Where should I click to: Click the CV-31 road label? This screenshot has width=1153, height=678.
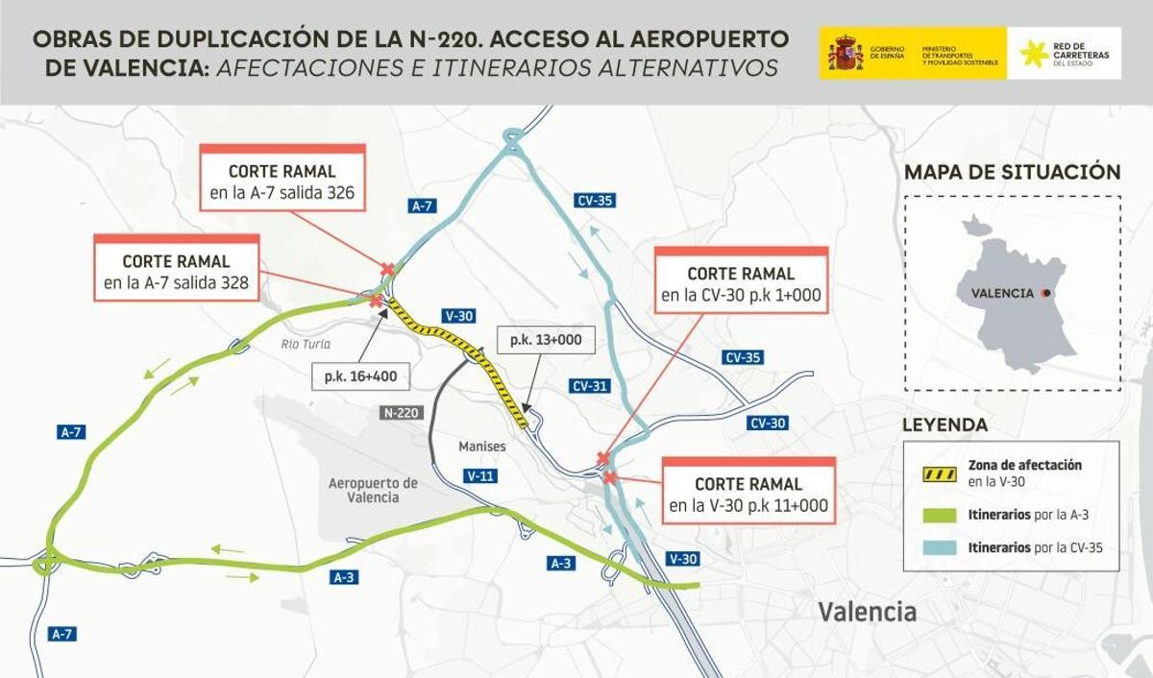590,386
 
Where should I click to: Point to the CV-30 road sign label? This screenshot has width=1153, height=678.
768,423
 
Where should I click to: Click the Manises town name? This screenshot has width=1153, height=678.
481,447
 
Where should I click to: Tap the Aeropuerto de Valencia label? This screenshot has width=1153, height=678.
373,490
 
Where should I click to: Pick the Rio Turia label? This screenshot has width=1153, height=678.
306,344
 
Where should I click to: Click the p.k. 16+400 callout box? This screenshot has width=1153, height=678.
360,377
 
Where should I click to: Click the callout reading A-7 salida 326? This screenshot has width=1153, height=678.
282,182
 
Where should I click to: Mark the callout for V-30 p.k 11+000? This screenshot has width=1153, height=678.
748,495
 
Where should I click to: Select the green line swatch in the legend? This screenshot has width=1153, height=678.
939,516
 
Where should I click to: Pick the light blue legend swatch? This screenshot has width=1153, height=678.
939,548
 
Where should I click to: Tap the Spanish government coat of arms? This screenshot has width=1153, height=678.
846,53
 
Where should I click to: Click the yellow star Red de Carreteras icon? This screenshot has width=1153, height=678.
1034,54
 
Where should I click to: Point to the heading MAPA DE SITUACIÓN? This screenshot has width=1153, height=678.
1012,173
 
